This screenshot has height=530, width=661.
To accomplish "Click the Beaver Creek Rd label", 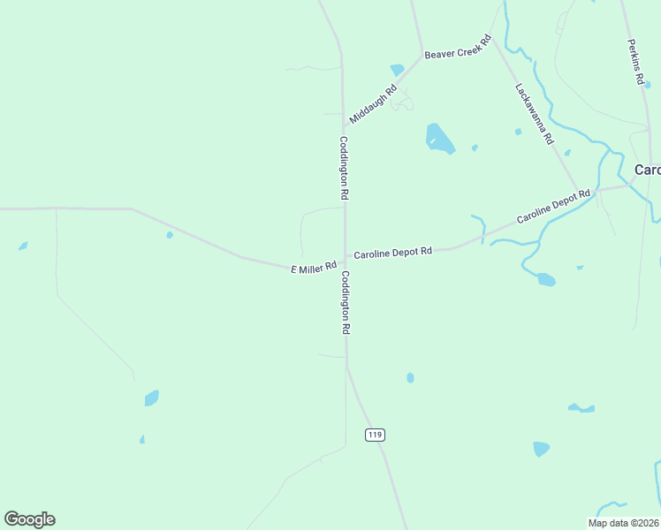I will click(457, 48).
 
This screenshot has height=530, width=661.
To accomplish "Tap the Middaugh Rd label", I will click(373, 103).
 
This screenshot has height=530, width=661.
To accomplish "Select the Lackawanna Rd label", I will click(535, 113).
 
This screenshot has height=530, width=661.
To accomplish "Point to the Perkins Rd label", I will click(635, 62).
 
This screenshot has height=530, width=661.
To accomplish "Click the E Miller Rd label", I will click(314, 267).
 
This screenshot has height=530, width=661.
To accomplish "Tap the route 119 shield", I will click(375, 435).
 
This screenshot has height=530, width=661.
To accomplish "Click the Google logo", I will click(29, 519).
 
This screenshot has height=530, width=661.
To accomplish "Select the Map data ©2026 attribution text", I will click(623, 522).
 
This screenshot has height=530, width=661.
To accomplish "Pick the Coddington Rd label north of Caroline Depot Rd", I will click(344, 166).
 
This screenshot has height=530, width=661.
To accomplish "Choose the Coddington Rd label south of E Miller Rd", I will click(346, 302).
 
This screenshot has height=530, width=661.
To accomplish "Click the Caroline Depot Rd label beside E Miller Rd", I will click(392, 253).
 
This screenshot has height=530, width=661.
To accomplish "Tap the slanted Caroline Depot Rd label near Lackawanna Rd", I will click(553, 206).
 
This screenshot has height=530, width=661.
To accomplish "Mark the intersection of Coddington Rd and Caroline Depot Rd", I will click(345, 257).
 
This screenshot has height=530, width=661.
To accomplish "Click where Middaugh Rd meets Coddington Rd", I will click(344, 130).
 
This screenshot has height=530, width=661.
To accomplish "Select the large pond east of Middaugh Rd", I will click(439, 138).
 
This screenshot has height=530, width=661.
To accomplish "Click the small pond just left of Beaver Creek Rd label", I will click(397, 69).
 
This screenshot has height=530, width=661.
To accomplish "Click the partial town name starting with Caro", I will click(647, 170).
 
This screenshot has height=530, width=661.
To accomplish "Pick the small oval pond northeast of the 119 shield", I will click(410, 377).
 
